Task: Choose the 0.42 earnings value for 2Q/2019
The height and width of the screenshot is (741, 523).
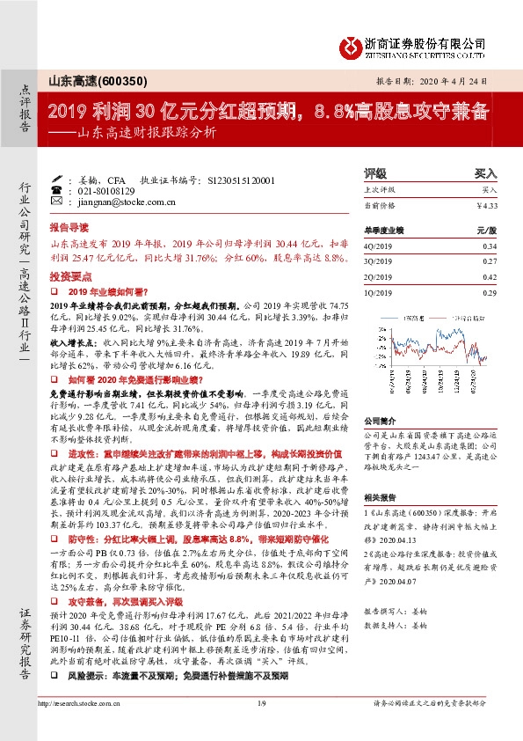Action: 490,275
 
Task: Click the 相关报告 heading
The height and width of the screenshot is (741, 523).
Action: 379,496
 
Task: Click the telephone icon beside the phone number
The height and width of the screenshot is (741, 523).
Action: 56,190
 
